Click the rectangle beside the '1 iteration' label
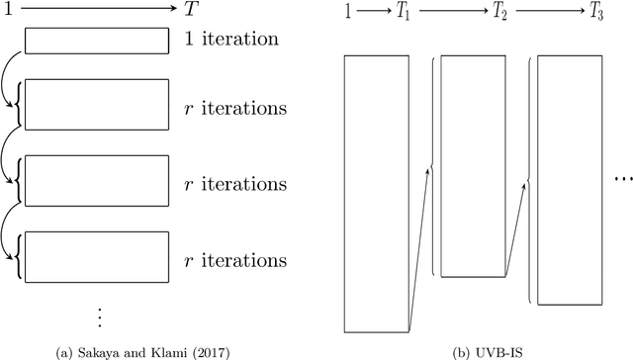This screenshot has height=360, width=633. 96,41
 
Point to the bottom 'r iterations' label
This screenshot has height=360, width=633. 235,261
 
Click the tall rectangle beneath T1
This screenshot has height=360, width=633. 377,193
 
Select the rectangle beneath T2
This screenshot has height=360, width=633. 473,165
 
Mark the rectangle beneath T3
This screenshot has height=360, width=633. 569,178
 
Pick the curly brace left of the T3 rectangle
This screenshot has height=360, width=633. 528,178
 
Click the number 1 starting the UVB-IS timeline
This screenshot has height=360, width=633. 346,14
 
